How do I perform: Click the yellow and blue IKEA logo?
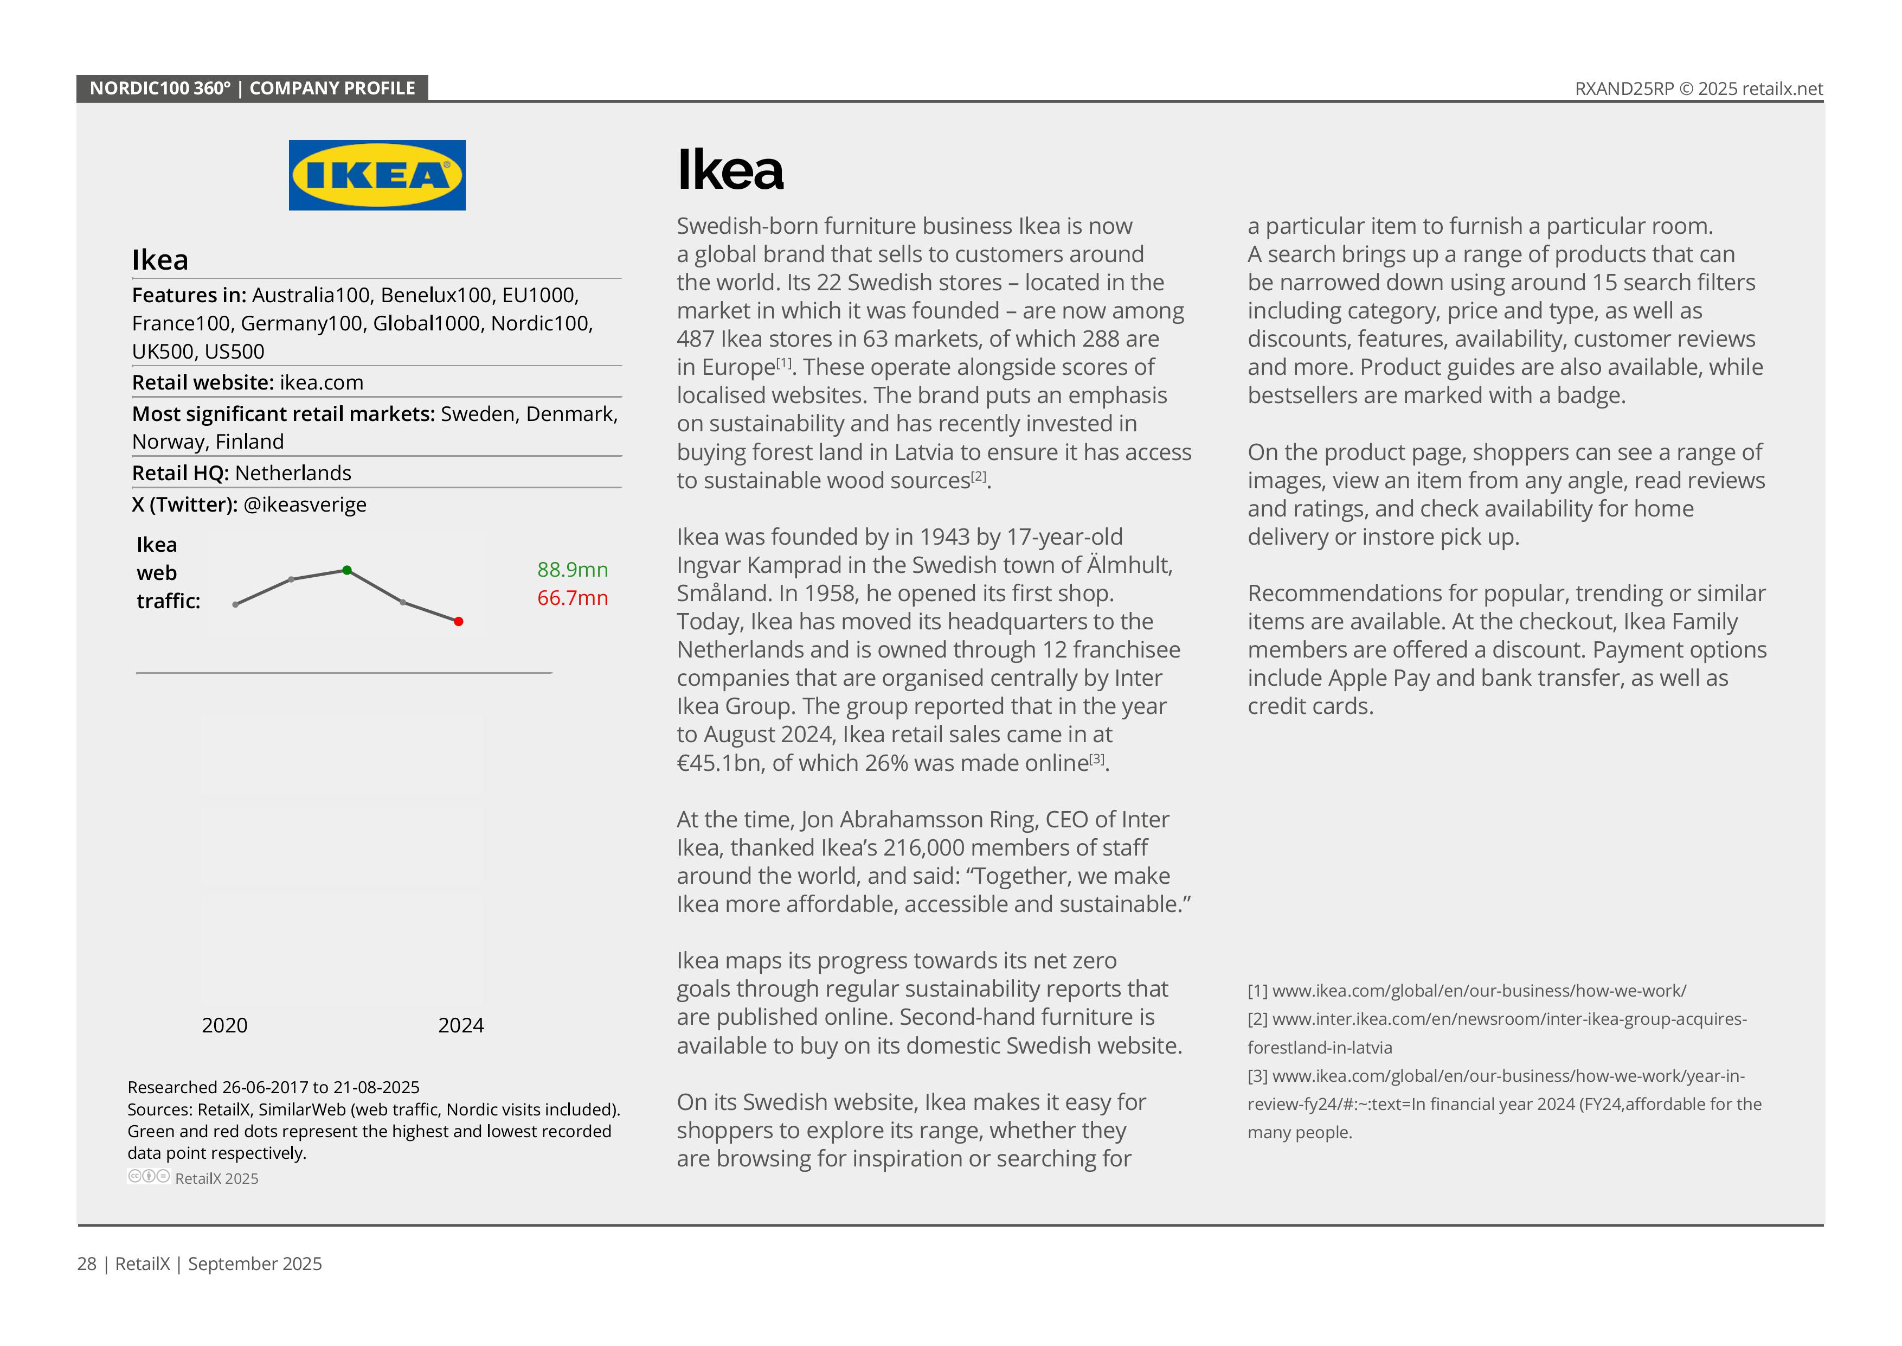[x=377, y=175]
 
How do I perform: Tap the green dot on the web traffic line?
[x=347, y=570]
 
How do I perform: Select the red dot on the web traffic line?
[x=459, y=622]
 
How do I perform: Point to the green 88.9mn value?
[x=573, y=570]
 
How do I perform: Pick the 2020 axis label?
[x=224, y=1025]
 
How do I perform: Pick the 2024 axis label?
[x=460, y=1025]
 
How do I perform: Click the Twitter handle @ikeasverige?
[x=305, y=505]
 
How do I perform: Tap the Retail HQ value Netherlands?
[x=293, y=473]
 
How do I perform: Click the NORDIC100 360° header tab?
[x=252, y=88]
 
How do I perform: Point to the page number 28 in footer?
[x=86, y=1264]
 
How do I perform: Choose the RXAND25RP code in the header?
[x=1624, y=88]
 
